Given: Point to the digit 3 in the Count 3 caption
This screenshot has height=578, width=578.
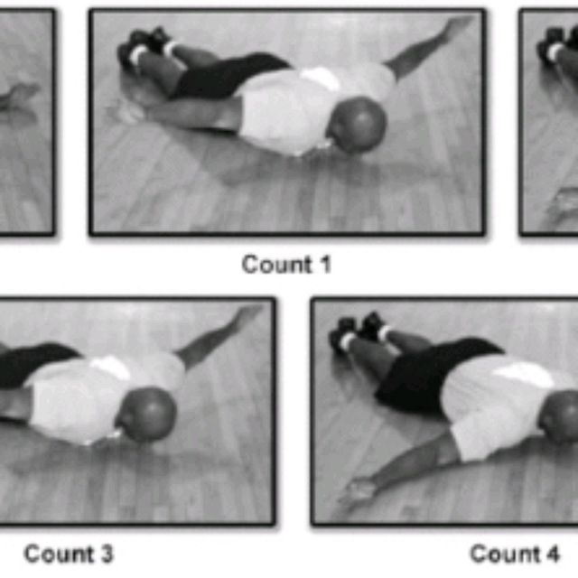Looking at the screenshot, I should coord(106,554).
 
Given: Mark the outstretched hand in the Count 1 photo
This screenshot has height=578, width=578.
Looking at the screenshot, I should coord(456,28).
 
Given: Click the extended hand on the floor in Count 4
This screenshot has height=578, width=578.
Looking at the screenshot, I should coord(357,492).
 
